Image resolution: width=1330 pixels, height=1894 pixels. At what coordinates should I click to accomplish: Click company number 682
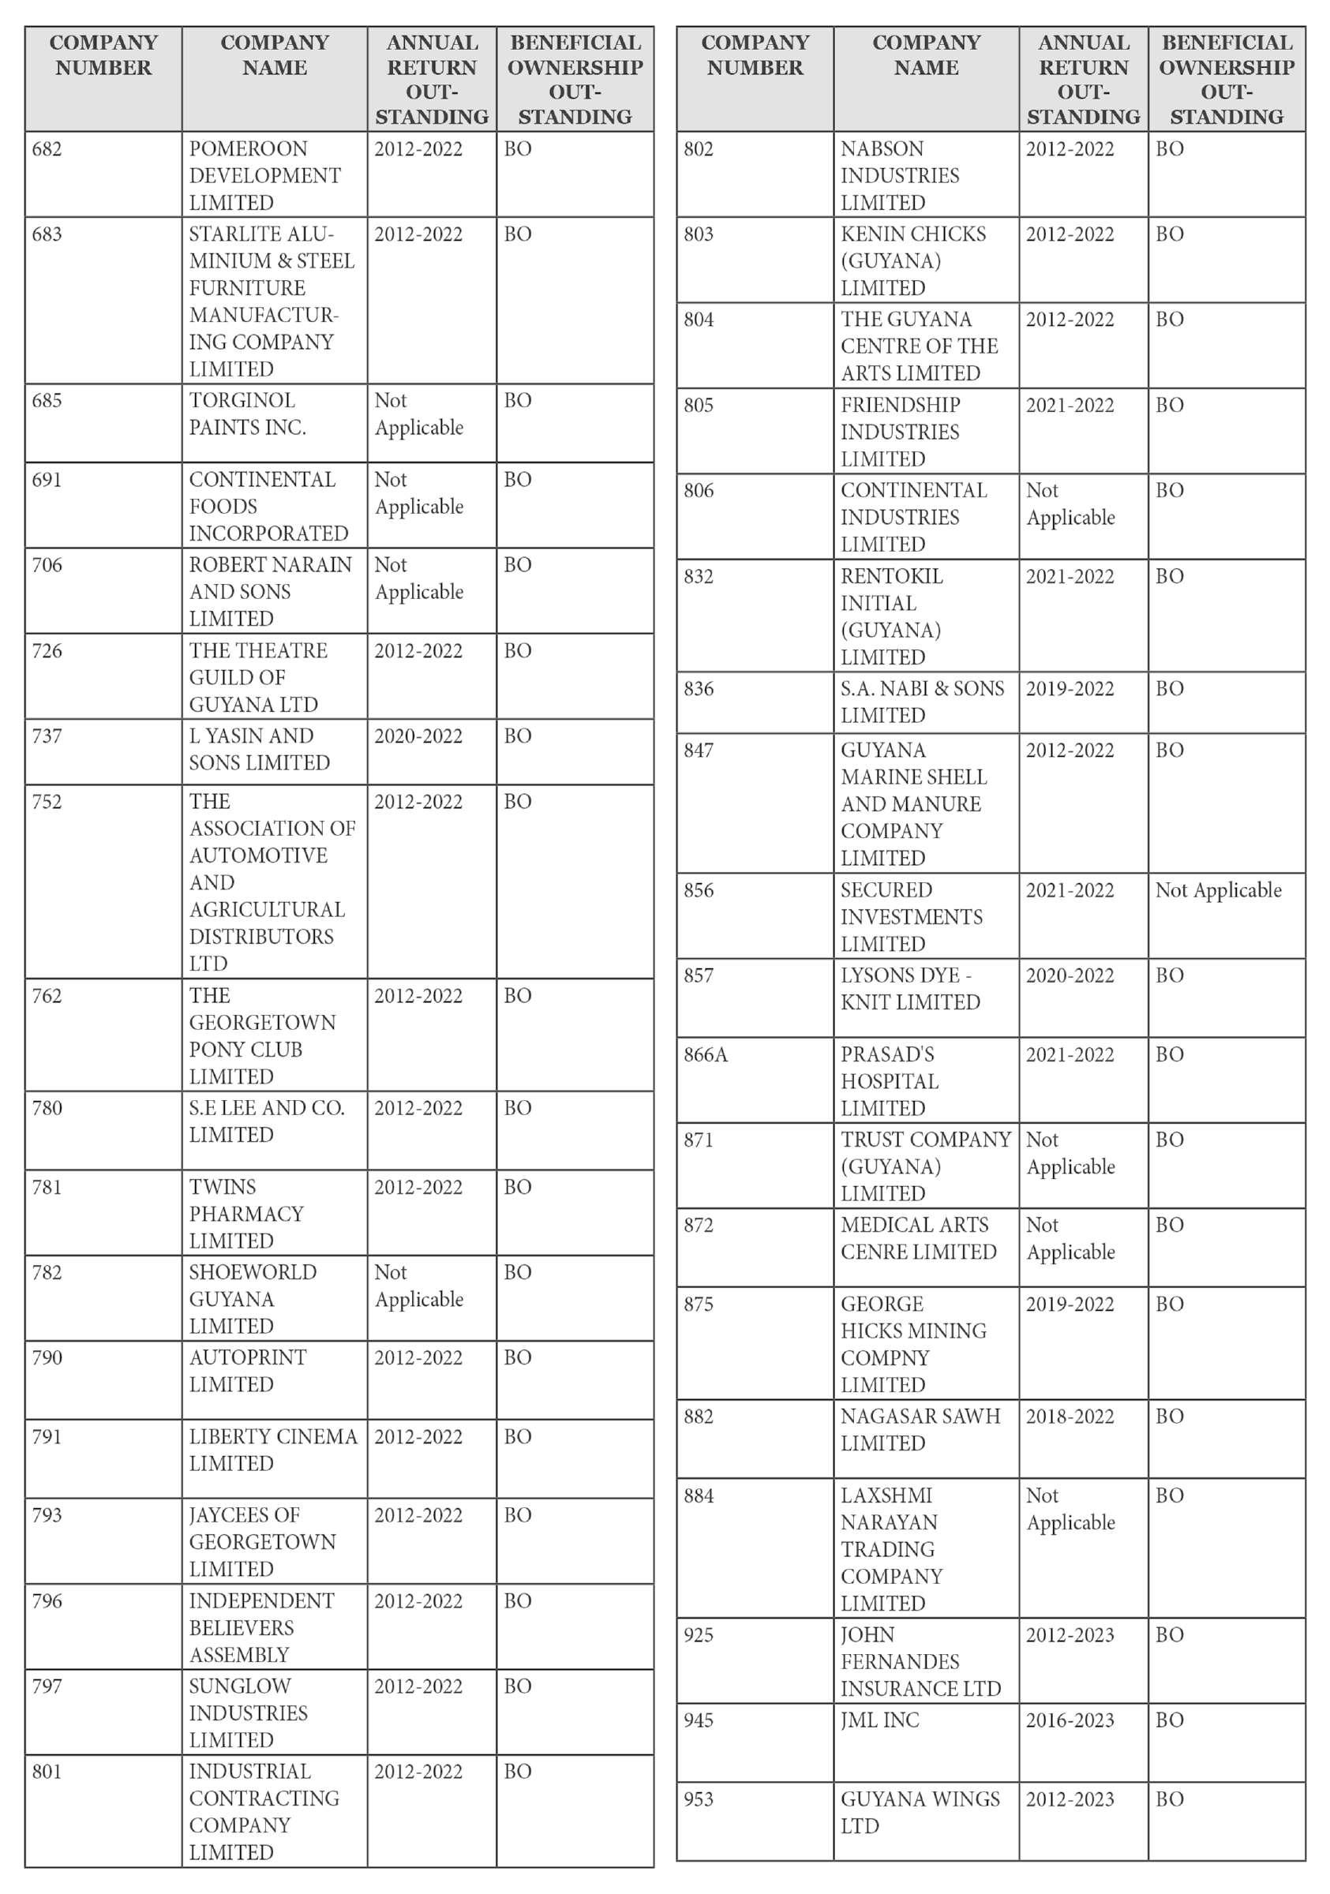click(47, 149)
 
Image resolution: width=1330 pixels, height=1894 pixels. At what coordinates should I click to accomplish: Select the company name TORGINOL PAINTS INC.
click(247, 414)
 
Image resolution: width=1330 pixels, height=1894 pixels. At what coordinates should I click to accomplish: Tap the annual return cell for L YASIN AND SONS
click(418, 736)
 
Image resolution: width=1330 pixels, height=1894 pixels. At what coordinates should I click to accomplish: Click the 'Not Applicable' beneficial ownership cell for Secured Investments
click(1218, 890)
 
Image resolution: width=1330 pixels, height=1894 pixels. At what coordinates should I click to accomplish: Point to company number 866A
click(706, 1054)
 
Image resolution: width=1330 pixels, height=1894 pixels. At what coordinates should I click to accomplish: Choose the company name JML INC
click(879, 1720)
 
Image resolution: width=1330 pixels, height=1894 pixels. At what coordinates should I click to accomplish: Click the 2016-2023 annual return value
click(1070, 1720)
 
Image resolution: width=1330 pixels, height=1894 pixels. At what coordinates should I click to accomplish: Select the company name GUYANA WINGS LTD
click(919, 1813)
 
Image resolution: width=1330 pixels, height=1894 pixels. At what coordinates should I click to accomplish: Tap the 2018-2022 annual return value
click(1070, 1417)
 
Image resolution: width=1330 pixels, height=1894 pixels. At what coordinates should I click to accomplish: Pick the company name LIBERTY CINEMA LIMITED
click(272, 1450)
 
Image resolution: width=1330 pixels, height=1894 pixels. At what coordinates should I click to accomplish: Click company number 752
click(47, 802)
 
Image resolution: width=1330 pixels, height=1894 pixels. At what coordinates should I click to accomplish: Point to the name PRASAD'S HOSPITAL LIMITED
click(889, 1080)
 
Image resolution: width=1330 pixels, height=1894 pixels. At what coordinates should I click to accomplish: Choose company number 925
click(698, 1635)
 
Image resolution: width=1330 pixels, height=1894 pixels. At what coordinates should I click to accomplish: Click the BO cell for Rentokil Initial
click(1169, 576)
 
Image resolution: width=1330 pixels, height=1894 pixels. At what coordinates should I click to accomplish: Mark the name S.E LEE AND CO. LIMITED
click(266, 1121)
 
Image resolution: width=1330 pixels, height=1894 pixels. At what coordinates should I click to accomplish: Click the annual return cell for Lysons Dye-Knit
click(1070, 975)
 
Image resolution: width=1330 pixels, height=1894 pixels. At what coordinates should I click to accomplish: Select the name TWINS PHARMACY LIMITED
click(245, 1214)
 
